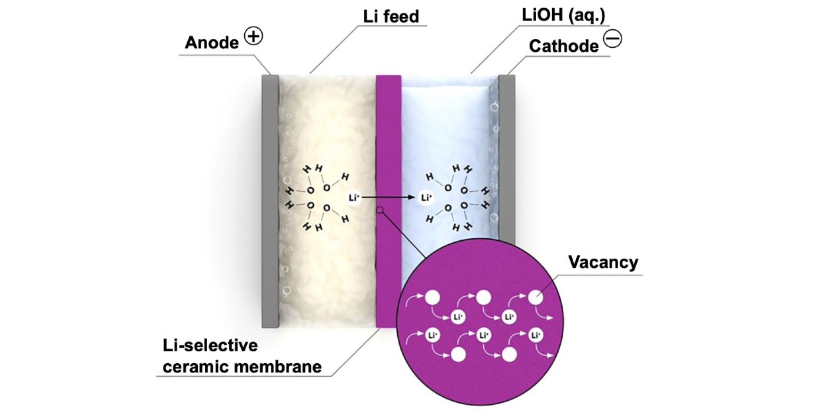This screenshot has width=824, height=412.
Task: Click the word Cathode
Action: [563, 46]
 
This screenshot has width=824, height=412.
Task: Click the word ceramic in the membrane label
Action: [193, 367]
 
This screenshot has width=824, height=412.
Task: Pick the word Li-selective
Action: [210, 345]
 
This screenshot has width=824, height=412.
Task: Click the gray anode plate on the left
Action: [270, 200]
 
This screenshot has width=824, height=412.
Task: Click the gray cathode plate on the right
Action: [507, 177]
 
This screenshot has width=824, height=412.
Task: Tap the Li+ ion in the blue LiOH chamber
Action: [426, 198]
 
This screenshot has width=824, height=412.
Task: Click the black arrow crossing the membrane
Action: [388, 198]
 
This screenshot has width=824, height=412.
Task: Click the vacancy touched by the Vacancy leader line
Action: [536, 298]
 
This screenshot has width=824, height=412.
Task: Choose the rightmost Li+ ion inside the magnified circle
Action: [536, 336]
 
